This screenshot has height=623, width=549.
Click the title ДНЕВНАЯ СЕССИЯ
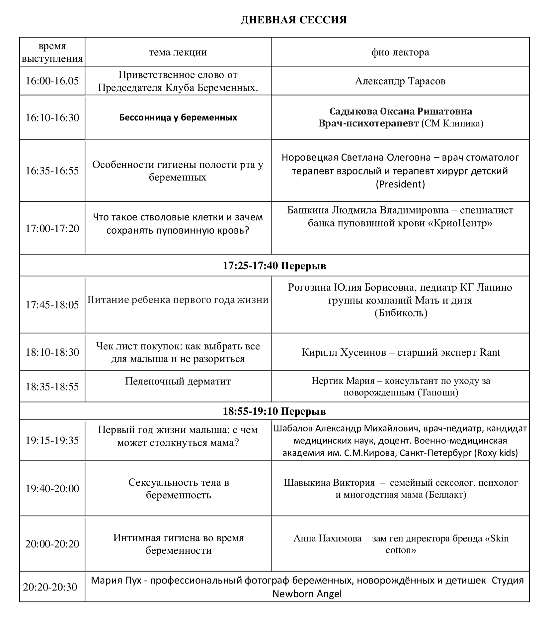tap(294, 20)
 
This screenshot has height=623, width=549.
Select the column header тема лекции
tap(178, 52)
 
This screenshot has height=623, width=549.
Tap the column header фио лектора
tap(400, 52)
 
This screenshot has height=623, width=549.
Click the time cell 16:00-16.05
tap(52, 81)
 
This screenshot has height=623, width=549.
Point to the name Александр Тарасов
tap(400, 81)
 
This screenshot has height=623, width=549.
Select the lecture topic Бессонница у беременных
tap(178, 117)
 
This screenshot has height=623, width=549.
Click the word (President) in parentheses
tap(400, 184)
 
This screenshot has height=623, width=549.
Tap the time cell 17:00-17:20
tap(52, 228)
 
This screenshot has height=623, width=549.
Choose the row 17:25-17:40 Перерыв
tap(274, 265)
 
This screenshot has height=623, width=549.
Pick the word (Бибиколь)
tap(401, 313)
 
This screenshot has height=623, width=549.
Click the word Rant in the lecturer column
tap(490, 352)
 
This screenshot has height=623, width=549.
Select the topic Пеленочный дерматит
tap(178, 381)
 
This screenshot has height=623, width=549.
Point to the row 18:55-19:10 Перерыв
tap(274, 411)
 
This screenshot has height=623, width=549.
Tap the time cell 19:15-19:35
tap(52, 440)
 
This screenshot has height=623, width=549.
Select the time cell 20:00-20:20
tap(52, 544)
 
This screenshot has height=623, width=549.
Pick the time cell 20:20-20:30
tap(50, 587)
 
